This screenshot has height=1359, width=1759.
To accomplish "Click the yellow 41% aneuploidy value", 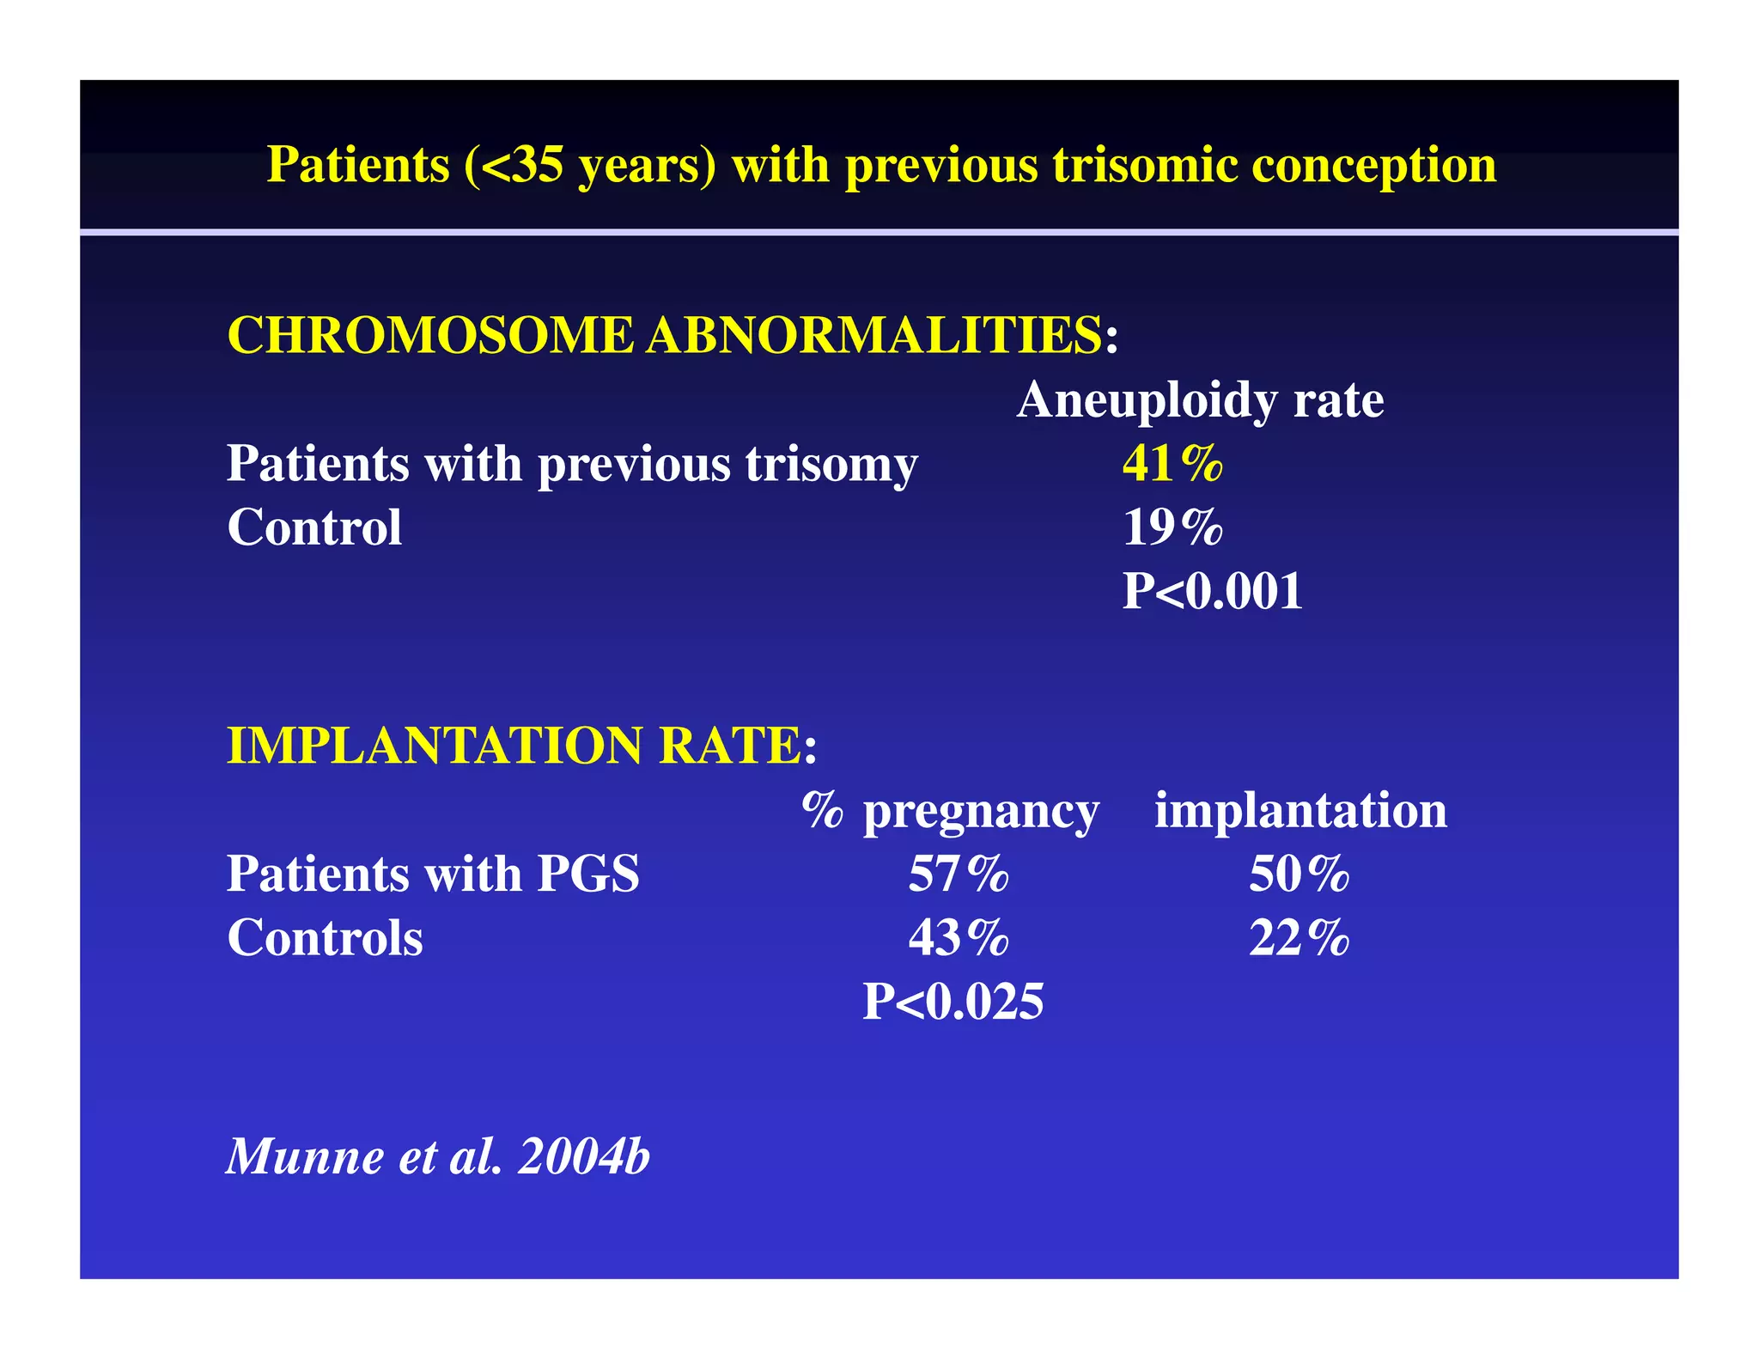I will click(x=1172, y=464).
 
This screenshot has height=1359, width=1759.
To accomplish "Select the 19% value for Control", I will click(x=1172, y=527).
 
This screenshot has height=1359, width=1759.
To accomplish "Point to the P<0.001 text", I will click(x=1212, y=591).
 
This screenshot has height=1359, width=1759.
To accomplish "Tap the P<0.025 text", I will click(x=953, y=1002).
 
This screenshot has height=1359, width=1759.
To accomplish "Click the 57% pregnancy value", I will click(x=959, y=875).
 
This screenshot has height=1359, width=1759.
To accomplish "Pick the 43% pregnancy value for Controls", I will click(x=959, y=938).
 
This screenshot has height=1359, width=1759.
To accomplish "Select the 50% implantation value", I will click(x=1299, y=875).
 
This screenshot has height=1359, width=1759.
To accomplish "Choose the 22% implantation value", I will click(x=1299, y=938).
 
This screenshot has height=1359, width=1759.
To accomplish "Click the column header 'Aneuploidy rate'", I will click(x=1200, y=400).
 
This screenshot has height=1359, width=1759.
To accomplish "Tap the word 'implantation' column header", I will click(x=1300, y=810).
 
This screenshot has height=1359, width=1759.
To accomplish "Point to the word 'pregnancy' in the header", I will click(x=980, y=812).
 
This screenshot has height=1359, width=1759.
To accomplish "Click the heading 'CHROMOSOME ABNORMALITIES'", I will click(x=664, y=335).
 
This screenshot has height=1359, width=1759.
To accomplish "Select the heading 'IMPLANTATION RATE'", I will click(x=514, y=745).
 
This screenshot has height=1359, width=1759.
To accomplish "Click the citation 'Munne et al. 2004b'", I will click(x=438, y=1156).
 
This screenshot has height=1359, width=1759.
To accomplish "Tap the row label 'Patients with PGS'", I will click(x=433, y=875).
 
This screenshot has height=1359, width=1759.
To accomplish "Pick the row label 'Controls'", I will click(x=325, y=938).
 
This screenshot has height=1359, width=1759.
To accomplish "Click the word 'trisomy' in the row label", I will click(x=831, y=466).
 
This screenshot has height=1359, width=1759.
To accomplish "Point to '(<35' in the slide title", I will click(x=514, y=165).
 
